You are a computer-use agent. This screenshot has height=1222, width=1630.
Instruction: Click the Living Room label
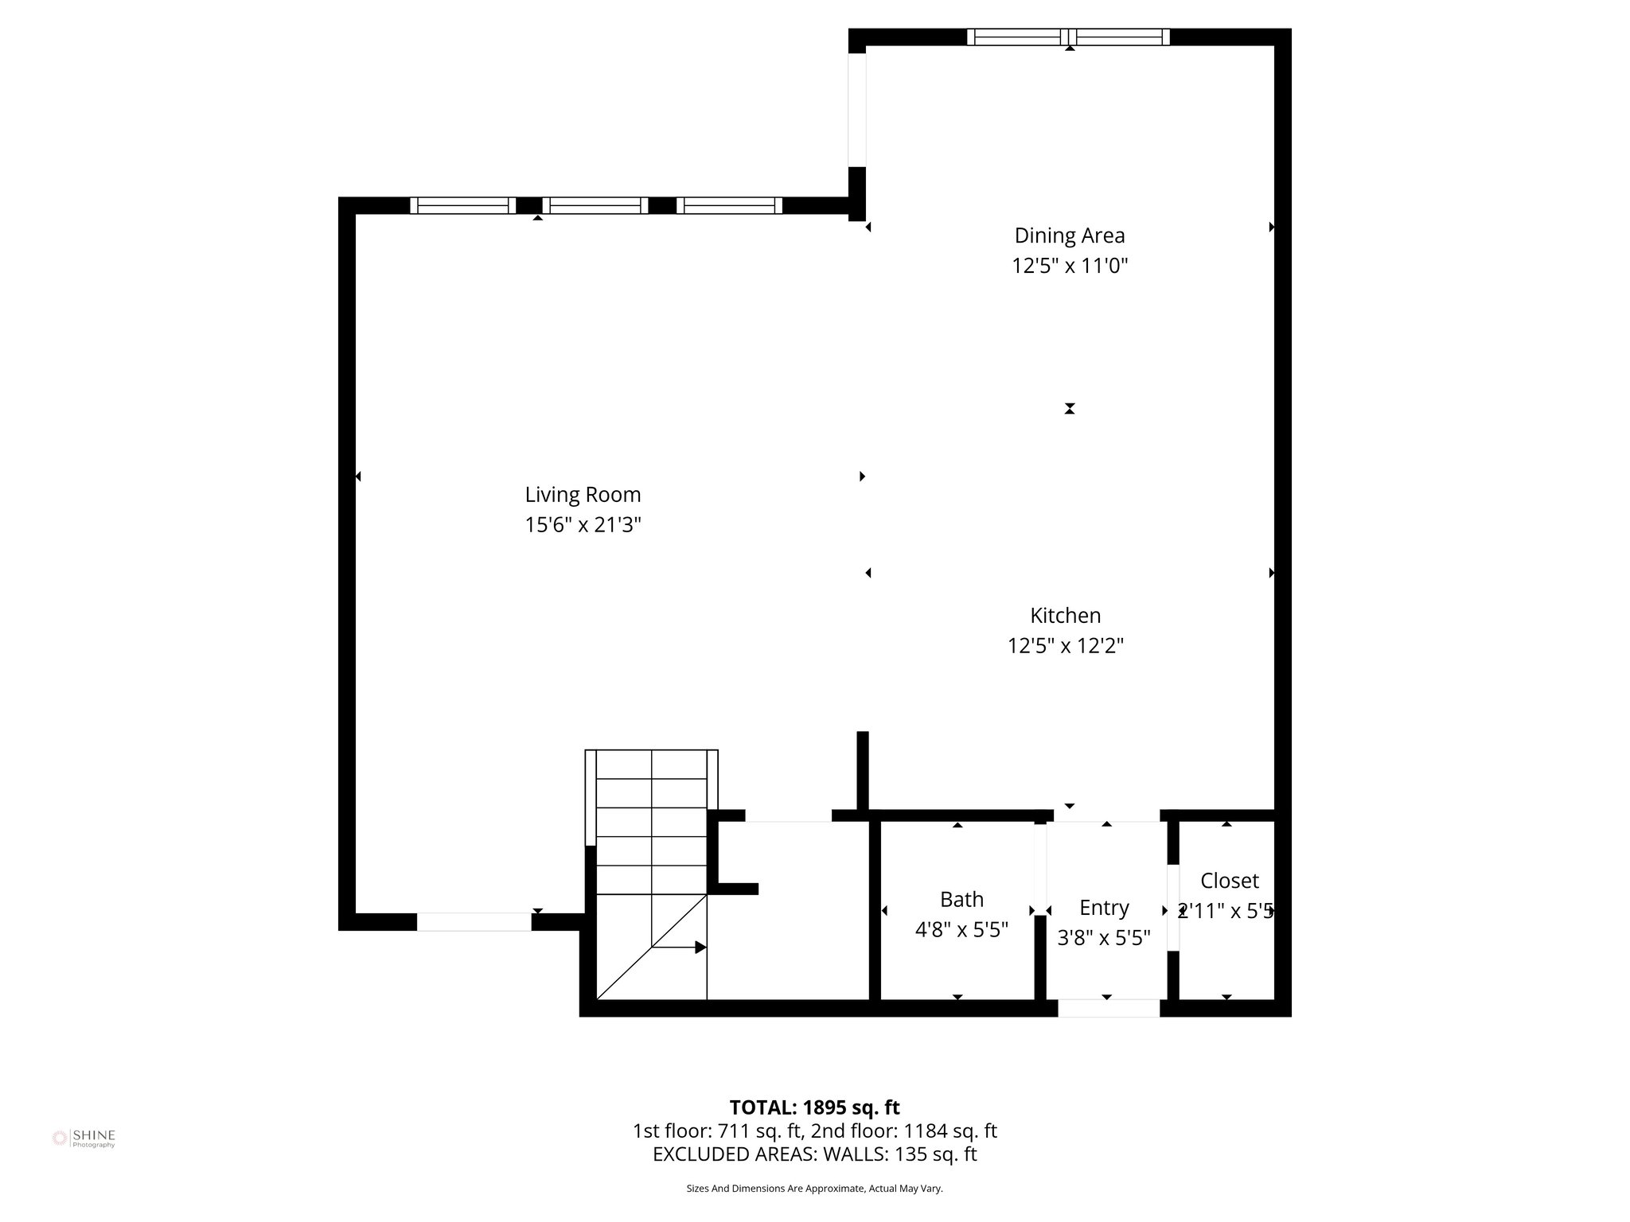(583, 494)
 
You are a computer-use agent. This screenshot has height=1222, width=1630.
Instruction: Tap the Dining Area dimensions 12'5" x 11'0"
(1069, 266)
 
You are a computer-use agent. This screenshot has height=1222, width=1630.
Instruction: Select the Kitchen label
(1065, 615)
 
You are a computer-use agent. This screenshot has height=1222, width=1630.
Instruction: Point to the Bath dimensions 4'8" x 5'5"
(961, 929)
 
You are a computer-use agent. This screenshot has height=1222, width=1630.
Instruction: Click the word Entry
(1103, 908)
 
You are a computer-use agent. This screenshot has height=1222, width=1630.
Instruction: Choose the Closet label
(1229, 881)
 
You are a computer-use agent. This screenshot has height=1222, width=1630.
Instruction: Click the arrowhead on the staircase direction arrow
(700, 947)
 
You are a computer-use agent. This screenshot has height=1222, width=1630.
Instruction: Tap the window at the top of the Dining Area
(1068, 37)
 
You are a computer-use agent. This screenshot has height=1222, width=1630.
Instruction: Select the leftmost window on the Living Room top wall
(462, 205)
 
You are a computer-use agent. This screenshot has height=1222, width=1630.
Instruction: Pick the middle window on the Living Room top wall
(595, 205)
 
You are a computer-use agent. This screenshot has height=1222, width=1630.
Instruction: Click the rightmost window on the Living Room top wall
(729, 205)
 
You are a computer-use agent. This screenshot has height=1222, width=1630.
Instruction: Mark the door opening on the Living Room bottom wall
(474, 922)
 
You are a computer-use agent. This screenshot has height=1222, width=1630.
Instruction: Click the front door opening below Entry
(1108, 1008)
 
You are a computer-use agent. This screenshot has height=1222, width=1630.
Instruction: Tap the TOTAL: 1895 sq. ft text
(814, 1107)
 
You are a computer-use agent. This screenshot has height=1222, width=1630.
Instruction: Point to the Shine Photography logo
(84, 1138)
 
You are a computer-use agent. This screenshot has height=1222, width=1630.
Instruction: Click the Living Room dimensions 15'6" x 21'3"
(583, 525)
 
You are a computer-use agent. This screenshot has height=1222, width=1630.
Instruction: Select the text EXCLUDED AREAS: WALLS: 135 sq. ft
(814, 1154)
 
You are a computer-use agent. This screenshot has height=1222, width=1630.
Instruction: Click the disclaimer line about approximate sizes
(814, 1189)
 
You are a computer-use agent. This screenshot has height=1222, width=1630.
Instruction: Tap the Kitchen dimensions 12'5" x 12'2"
(1065, 646)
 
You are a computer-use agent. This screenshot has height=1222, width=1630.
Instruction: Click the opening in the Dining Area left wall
(856, 110)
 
